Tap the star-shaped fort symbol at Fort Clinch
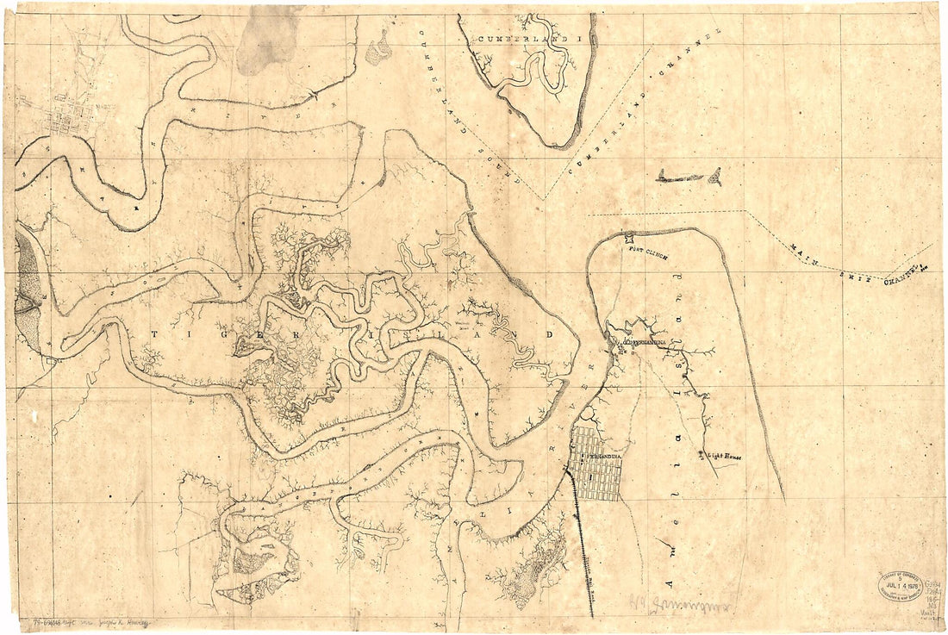click(629, 240)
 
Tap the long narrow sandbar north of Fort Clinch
click(681, 178)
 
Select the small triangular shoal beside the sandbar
click(714, 178)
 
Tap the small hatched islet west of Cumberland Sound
click(377, 50)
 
